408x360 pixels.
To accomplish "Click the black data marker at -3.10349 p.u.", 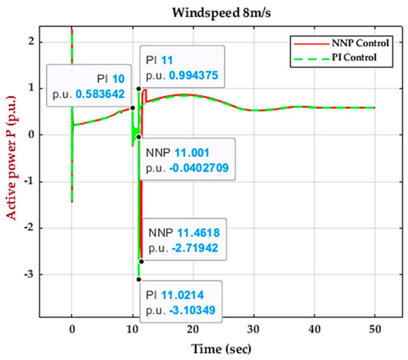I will (139, 279).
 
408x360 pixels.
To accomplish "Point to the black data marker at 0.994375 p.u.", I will (138, 88).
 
